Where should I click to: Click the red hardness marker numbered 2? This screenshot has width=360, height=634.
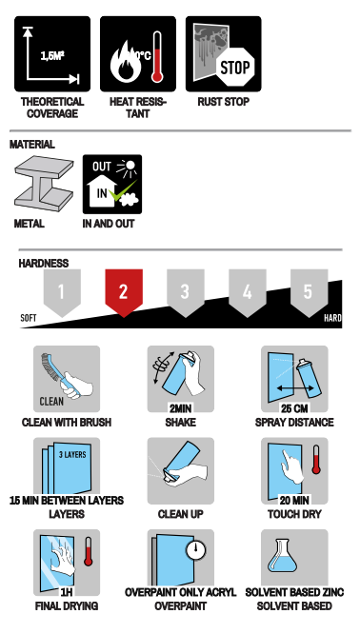pos(124,292)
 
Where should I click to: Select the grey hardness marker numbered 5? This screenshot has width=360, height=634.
pos(309,292)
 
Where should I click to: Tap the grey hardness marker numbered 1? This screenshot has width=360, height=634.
pos(62,292)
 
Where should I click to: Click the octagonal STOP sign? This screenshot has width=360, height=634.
pos(235,67)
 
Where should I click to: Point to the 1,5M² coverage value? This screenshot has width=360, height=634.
pos(52,56)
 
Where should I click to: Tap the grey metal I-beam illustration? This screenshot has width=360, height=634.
pos(44,184)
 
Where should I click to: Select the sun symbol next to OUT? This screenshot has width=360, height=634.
pos(128,167)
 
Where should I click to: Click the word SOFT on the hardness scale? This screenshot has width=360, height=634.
pos(29,318)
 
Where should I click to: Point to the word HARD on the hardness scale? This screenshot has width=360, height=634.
pos(332,318)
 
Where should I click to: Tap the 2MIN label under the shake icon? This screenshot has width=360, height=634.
pos(180,408)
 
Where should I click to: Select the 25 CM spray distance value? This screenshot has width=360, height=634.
pos(294,408)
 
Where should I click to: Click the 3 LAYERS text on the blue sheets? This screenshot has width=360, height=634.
pos(72,454)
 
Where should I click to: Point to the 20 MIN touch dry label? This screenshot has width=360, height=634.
pos(294,501)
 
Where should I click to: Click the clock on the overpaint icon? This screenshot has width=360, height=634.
pos(196,550)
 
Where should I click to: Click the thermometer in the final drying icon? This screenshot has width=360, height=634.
pos(89,551)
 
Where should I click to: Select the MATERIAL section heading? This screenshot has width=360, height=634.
pos(32,145)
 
